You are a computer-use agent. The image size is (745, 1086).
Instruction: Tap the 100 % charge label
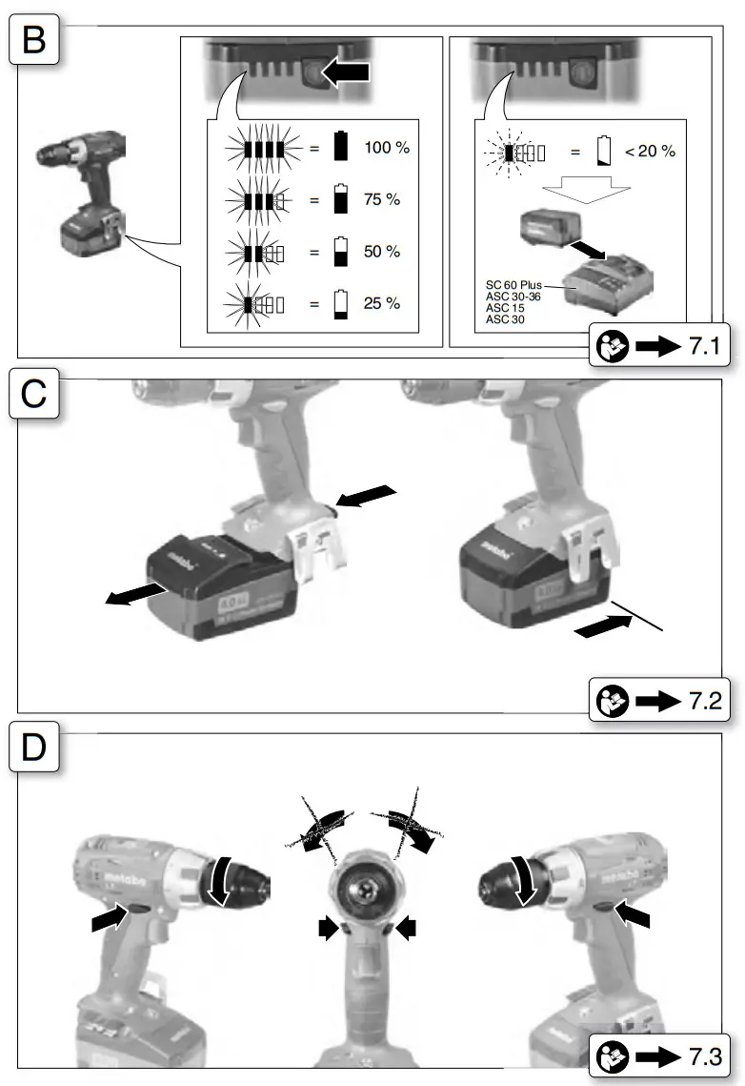point(386,150)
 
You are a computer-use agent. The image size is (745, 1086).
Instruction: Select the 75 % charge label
point(382,201)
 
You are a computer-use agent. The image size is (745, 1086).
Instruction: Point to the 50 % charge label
point(382,253)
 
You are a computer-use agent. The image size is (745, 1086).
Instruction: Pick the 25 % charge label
point(382,304)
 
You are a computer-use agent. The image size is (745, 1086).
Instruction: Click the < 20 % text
point(650,151)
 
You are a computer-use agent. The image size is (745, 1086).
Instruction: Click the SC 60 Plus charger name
point(513,285)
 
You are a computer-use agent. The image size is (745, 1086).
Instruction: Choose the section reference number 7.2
point(707,703)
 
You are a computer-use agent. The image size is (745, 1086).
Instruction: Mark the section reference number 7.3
point(707,1055)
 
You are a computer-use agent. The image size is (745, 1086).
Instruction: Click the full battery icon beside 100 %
point(341,150)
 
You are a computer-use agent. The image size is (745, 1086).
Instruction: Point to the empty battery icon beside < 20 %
point(604,151)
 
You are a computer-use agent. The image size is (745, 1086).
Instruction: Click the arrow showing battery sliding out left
point(133,595)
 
